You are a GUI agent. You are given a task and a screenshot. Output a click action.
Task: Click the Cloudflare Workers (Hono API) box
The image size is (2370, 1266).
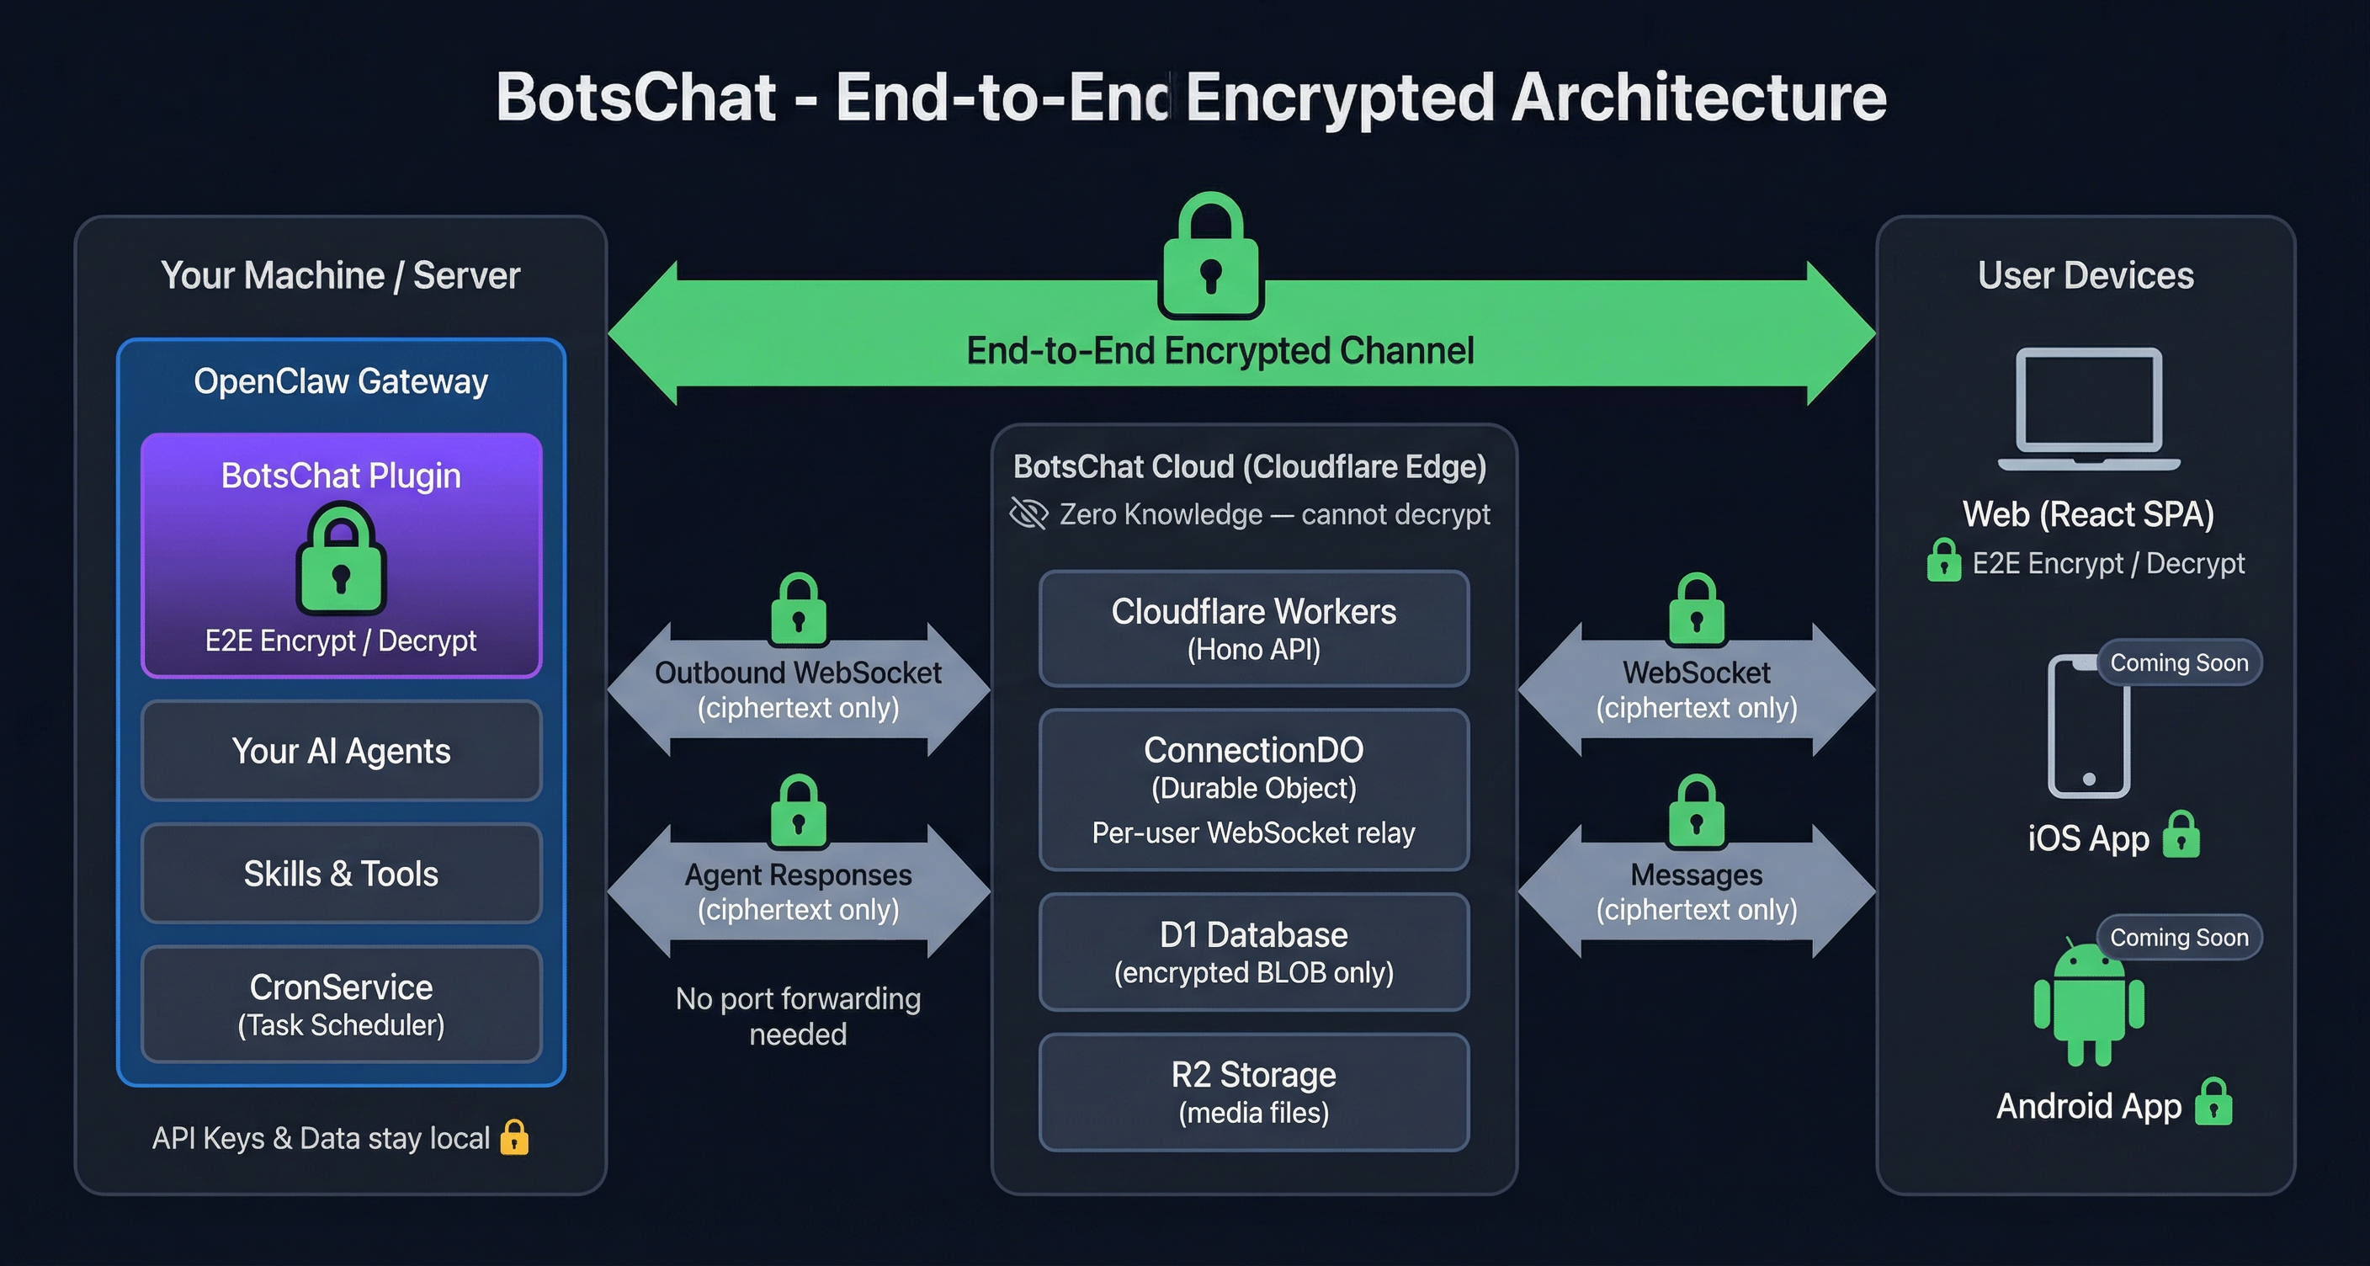pyautogui.click(x=1253, y=629)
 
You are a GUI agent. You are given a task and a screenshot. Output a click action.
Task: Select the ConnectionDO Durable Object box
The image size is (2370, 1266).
pyautogui.click(x=1253, y=789)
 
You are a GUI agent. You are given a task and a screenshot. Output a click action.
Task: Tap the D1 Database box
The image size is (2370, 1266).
pyautogui.click(x=1253, y=951)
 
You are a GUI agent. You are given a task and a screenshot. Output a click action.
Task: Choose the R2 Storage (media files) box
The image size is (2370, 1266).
pyautogui.click(x=1253, y=1091)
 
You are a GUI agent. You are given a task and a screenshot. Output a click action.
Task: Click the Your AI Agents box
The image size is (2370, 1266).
pyautogui.click(x=342, y=751)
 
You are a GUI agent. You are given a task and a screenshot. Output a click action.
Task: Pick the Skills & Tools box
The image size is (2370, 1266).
pyautogui.click(x=342, y=873)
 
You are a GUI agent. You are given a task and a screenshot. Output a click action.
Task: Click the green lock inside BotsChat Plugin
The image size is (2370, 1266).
pyautogui.click(x=342, y=561)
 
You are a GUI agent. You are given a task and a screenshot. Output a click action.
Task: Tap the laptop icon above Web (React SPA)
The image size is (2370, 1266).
pyautogui.click(x=2088, y=408)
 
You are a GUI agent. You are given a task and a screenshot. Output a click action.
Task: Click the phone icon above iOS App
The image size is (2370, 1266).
pyautogui.click(x=2087, y=726)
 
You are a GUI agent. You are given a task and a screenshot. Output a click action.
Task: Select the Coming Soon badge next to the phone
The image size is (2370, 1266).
pyautogui.click(x=2179, y=662)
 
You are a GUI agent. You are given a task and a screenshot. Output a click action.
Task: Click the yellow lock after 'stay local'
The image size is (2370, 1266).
pyautogui.click(x=514, y=1137)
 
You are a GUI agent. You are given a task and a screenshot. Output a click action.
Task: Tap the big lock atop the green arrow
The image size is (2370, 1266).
pyautogui.click(x=1211, y=257)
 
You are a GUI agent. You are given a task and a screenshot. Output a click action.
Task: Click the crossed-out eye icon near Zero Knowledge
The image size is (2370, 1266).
pyautogui.click(x=1028, y=513)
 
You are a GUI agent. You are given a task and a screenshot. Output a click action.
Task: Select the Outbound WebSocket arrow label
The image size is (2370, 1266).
pyautogui.click(x=798, y=690)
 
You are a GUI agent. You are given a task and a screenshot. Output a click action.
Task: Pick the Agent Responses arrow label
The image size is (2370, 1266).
pyautogui.click(x=798, y=891)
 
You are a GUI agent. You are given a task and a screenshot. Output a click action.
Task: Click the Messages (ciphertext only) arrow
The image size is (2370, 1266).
pyautogui.click(x=1696, y=891)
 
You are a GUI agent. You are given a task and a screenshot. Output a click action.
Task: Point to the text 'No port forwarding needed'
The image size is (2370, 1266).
pyautogui.click(x=798, y=1016)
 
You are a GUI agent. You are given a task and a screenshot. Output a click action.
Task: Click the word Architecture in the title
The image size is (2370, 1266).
pyautogui.click(x=1698, y=98)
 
